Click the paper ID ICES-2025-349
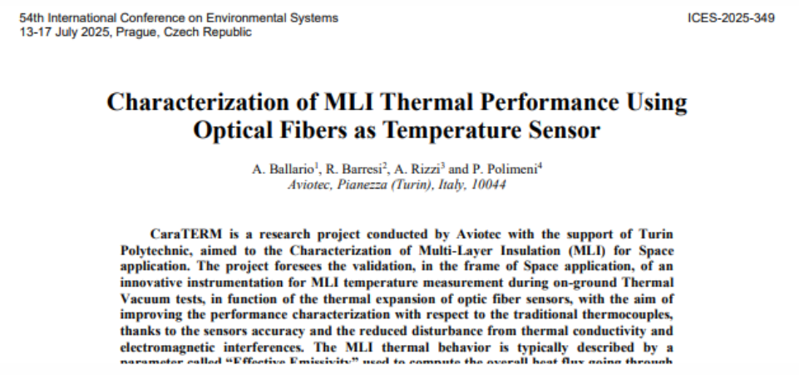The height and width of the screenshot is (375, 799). (x=732, y=17)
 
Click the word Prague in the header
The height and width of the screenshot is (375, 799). (x=136, y=32)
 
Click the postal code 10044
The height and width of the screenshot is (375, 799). (x=490, y=185)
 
